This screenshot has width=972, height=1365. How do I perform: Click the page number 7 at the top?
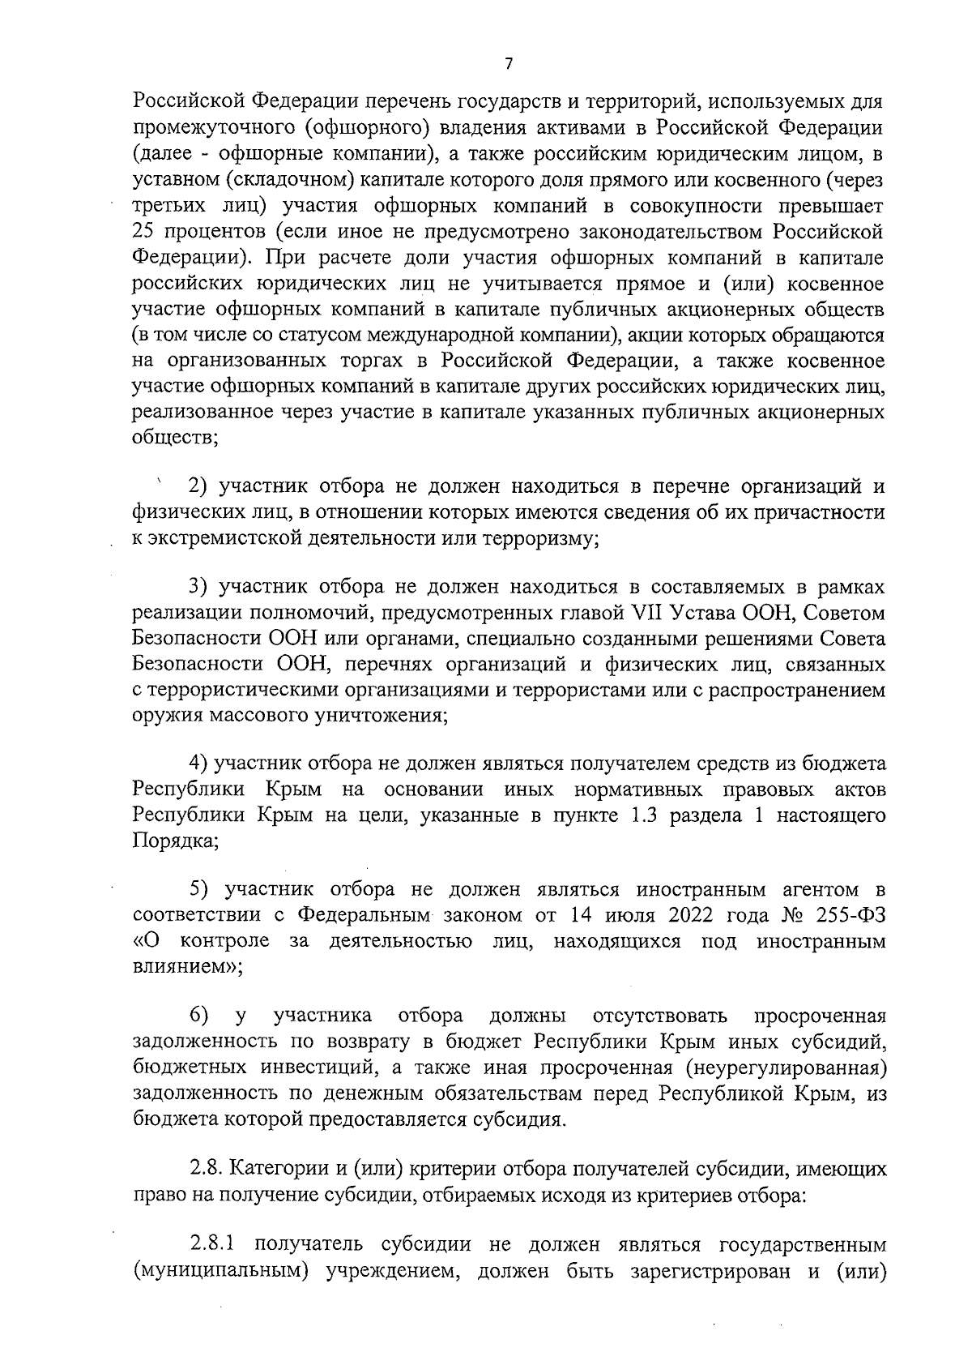coord(508,64)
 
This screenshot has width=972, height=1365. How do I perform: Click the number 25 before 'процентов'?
coord(143,233)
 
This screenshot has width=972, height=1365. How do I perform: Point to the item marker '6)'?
coord(199,1016)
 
